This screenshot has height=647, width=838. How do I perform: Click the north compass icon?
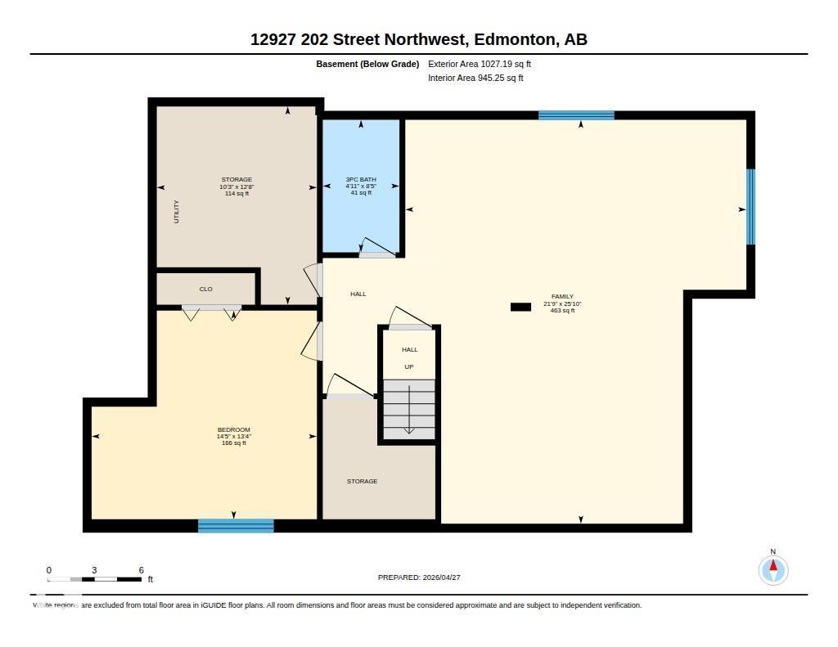coord(773,569)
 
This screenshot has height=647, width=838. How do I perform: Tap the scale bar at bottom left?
coord(95,579)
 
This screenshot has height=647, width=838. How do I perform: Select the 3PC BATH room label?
coord(361,179)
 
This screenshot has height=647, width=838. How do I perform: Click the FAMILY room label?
coord(562,297)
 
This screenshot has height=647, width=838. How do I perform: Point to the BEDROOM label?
coord(233,429)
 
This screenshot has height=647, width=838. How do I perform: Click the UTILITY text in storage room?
coord(176,212)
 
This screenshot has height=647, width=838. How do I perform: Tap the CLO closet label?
coord(206,289)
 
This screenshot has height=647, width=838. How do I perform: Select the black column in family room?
coord(520,307)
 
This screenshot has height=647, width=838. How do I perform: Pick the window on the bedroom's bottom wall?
coord(236,525)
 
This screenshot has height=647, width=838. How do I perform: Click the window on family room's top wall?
coord(576,115)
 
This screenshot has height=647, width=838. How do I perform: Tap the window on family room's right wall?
coord(750,207)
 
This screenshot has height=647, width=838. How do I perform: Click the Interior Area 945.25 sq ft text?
coord(475,79)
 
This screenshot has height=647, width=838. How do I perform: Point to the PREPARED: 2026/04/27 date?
coord(425,577)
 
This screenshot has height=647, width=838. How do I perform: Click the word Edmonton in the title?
coord(512,39)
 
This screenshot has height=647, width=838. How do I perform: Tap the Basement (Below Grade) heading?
coord(367,64)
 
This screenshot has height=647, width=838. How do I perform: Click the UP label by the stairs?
coord(409,366)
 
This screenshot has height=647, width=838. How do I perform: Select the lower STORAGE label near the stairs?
coord(362,481)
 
